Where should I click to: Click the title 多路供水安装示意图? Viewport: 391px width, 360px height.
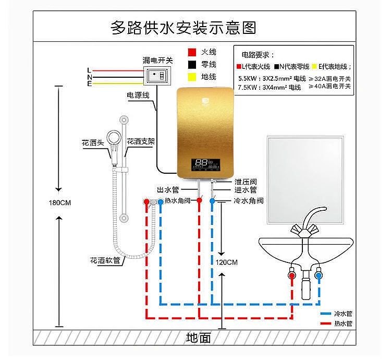(184, 27)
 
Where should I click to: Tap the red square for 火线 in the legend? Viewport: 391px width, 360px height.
(191, 53)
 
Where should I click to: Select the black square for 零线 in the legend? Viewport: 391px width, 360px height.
(191, 65)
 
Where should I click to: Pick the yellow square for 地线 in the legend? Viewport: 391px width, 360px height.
(191, 77)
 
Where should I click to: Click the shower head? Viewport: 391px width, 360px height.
(115, 149)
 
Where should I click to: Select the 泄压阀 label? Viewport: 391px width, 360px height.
(245, 182)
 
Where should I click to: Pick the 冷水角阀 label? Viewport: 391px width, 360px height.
(248, 201)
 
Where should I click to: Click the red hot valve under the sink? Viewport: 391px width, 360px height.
(292, 274)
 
